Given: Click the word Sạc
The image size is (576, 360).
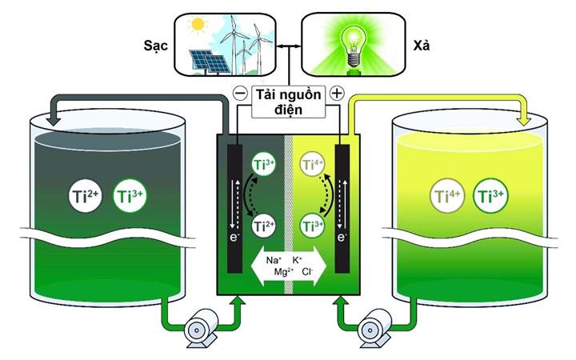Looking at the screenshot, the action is (155, 46).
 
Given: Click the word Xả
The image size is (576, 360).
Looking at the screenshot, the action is (421, 45).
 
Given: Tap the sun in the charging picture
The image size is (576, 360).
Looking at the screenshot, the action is (198, 24).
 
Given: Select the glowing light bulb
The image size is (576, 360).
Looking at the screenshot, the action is (354, 46).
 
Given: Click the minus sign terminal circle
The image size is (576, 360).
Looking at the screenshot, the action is (241, 94).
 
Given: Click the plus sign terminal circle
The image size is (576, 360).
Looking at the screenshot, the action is (337, 94).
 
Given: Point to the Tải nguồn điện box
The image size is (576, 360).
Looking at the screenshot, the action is (288, 102).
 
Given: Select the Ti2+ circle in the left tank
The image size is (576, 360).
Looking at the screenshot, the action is (86, 196).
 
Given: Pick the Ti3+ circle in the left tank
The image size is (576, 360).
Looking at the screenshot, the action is (130, 196).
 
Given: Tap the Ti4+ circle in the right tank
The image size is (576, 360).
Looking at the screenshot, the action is (446, 196).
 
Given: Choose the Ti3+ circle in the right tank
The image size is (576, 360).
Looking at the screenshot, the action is (491, 196).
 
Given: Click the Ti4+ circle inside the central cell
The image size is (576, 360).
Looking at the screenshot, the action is (312, 165).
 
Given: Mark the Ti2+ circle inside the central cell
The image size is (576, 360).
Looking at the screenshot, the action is (264, 226).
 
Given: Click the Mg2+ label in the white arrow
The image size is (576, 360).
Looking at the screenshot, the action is (283, 272).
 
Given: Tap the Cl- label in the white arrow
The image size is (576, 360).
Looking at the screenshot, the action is (307, 272).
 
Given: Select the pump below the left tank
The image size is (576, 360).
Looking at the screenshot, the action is (200, 330).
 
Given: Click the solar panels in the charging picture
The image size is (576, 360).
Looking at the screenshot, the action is (210, 62).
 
